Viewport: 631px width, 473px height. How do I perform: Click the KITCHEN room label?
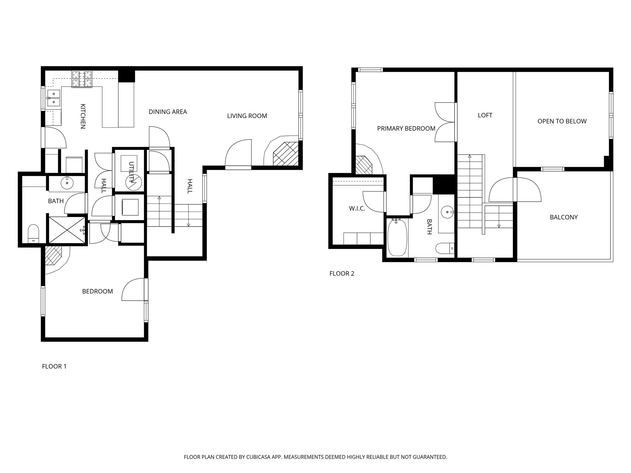point(83,116)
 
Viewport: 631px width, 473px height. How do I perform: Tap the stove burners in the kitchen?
point(82,79)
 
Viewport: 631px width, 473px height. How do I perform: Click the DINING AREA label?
point(168,112)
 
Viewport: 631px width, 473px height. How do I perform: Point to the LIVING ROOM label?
point(247,116)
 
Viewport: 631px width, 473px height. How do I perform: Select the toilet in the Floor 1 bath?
point(33,234)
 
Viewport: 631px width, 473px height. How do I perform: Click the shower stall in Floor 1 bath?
point(67,230)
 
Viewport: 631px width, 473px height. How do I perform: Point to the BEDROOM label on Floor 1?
point(97,291)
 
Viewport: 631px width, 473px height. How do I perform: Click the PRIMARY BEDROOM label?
point(406,129)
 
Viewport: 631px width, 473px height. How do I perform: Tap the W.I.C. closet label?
point(357,208)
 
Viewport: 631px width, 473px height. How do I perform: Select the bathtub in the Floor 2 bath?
point(397,237)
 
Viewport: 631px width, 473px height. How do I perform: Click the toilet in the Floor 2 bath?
point(445,248)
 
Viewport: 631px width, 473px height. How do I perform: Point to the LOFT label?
point(485,115)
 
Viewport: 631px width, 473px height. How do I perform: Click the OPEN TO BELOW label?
point(562,121)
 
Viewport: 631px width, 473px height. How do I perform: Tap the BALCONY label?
point(564,217)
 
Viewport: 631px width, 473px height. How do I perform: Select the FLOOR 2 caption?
point(342,273)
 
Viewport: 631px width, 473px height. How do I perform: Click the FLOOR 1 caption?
point(54,366)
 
